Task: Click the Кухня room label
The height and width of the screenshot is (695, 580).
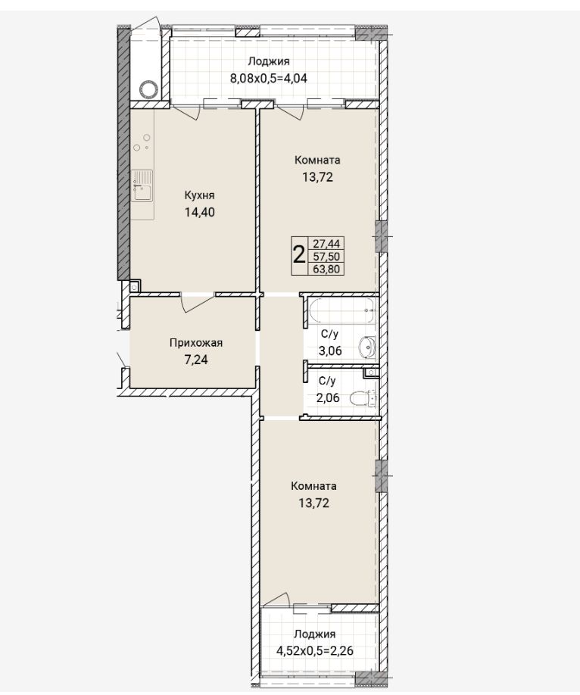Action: (199, 195)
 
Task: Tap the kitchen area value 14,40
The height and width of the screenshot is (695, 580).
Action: (200, 212)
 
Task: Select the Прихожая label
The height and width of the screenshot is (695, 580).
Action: (196, 343)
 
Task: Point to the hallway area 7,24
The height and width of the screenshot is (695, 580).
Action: (196, 360)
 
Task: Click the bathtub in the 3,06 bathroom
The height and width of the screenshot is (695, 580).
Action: (341, 310)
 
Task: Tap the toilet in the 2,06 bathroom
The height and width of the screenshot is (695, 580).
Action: (363, 398)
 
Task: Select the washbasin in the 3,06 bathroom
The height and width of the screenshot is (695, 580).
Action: (367, 347)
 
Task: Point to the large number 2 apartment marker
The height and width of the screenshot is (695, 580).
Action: (299, 255)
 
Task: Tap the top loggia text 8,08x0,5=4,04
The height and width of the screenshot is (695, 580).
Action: (268, 79)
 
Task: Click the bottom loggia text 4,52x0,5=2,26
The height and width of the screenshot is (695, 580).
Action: (315, 651)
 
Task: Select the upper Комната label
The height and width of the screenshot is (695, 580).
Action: (317, 160)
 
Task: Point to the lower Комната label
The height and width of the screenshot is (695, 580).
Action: (314, 486)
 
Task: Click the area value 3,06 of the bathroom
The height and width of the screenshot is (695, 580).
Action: (330, 351)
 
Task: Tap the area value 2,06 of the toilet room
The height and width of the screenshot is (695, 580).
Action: (328, 397)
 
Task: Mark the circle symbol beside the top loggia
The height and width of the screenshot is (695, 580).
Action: (148, 89)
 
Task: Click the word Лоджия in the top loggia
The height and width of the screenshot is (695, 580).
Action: (269, 61)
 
